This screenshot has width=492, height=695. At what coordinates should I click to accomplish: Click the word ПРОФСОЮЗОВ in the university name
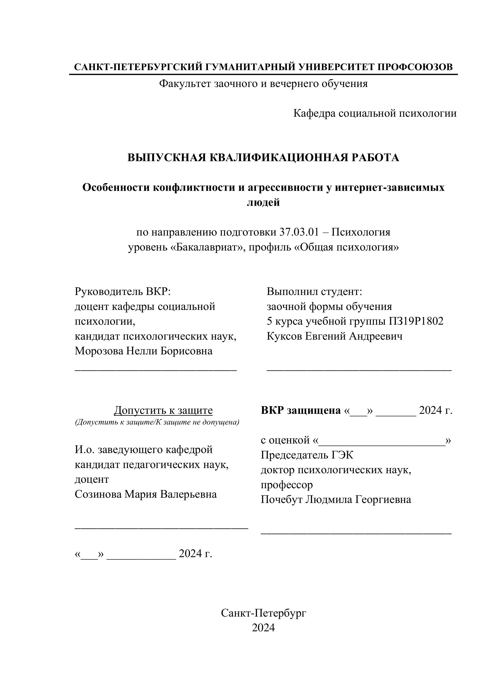[x=415, y=67]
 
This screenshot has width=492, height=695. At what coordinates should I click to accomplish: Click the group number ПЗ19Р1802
[x=416, y=321]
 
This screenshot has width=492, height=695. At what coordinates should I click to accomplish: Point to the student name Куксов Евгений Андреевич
[x=335, y=336]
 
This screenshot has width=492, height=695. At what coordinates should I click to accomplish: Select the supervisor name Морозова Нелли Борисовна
[x=144, y=351]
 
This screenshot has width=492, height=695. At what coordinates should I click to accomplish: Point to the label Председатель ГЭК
[x=307, y=455]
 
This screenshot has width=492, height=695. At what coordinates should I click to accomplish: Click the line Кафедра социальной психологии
[x=375, y=114]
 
